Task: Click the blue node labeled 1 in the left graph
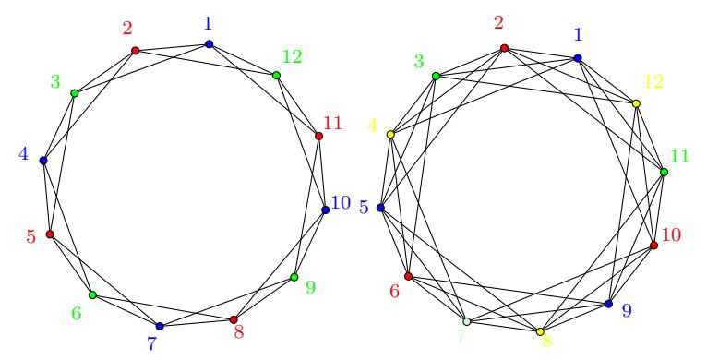point(209,44)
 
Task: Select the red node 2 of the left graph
point(135,51)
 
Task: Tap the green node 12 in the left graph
point(276,76)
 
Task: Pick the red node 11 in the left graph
point(318,136)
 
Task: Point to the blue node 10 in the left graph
point(326,210)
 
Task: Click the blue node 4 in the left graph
point(43,160)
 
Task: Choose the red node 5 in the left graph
point(50,234)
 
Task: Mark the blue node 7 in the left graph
point(159,326)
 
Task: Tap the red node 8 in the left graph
point(234,319)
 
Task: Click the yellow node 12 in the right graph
point(636,103)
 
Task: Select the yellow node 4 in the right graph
point(390,134)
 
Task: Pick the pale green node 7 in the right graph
point(467,321)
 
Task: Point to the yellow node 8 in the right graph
point(540,331)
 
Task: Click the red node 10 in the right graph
point(653,245)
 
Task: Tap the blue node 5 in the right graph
point(380,208)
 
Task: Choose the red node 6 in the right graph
point(409,276)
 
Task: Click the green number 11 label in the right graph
point(680,157)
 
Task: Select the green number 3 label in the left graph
point(55,82)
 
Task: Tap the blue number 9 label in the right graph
point(627,310)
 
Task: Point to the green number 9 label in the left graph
point(310,287)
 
